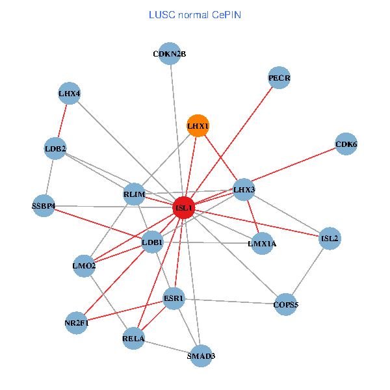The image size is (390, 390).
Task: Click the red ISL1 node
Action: (x=184, y=208)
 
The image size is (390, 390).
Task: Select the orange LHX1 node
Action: (x=198, y=125)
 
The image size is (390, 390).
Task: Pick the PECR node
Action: (x=279, y=78)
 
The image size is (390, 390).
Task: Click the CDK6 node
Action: (x=346, y=144)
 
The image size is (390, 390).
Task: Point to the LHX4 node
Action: (x=69, y=94)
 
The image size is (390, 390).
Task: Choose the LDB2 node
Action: (x=55, y=149)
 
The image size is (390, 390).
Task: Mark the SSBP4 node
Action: (x=44, y=206)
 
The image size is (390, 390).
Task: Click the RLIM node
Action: (x=133, y=194)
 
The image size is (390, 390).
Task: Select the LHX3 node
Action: (x=244, y=189)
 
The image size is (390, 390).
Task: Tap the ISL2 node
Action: (x=330, y=239)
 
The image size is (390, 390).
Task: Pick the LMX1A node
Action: (x=262, y=244)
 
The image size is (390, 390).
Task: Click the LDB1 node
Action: (x=152, y=243)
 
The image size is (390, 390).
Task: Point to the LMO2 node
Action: (x=84, y=265)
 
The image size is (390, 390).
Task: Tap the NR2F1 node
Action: (x=77, y=323)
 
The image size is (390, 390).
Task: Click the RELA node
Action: (x=133, y=338)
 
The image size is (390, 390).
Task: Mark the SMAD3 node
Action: (x=201, y=356)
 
